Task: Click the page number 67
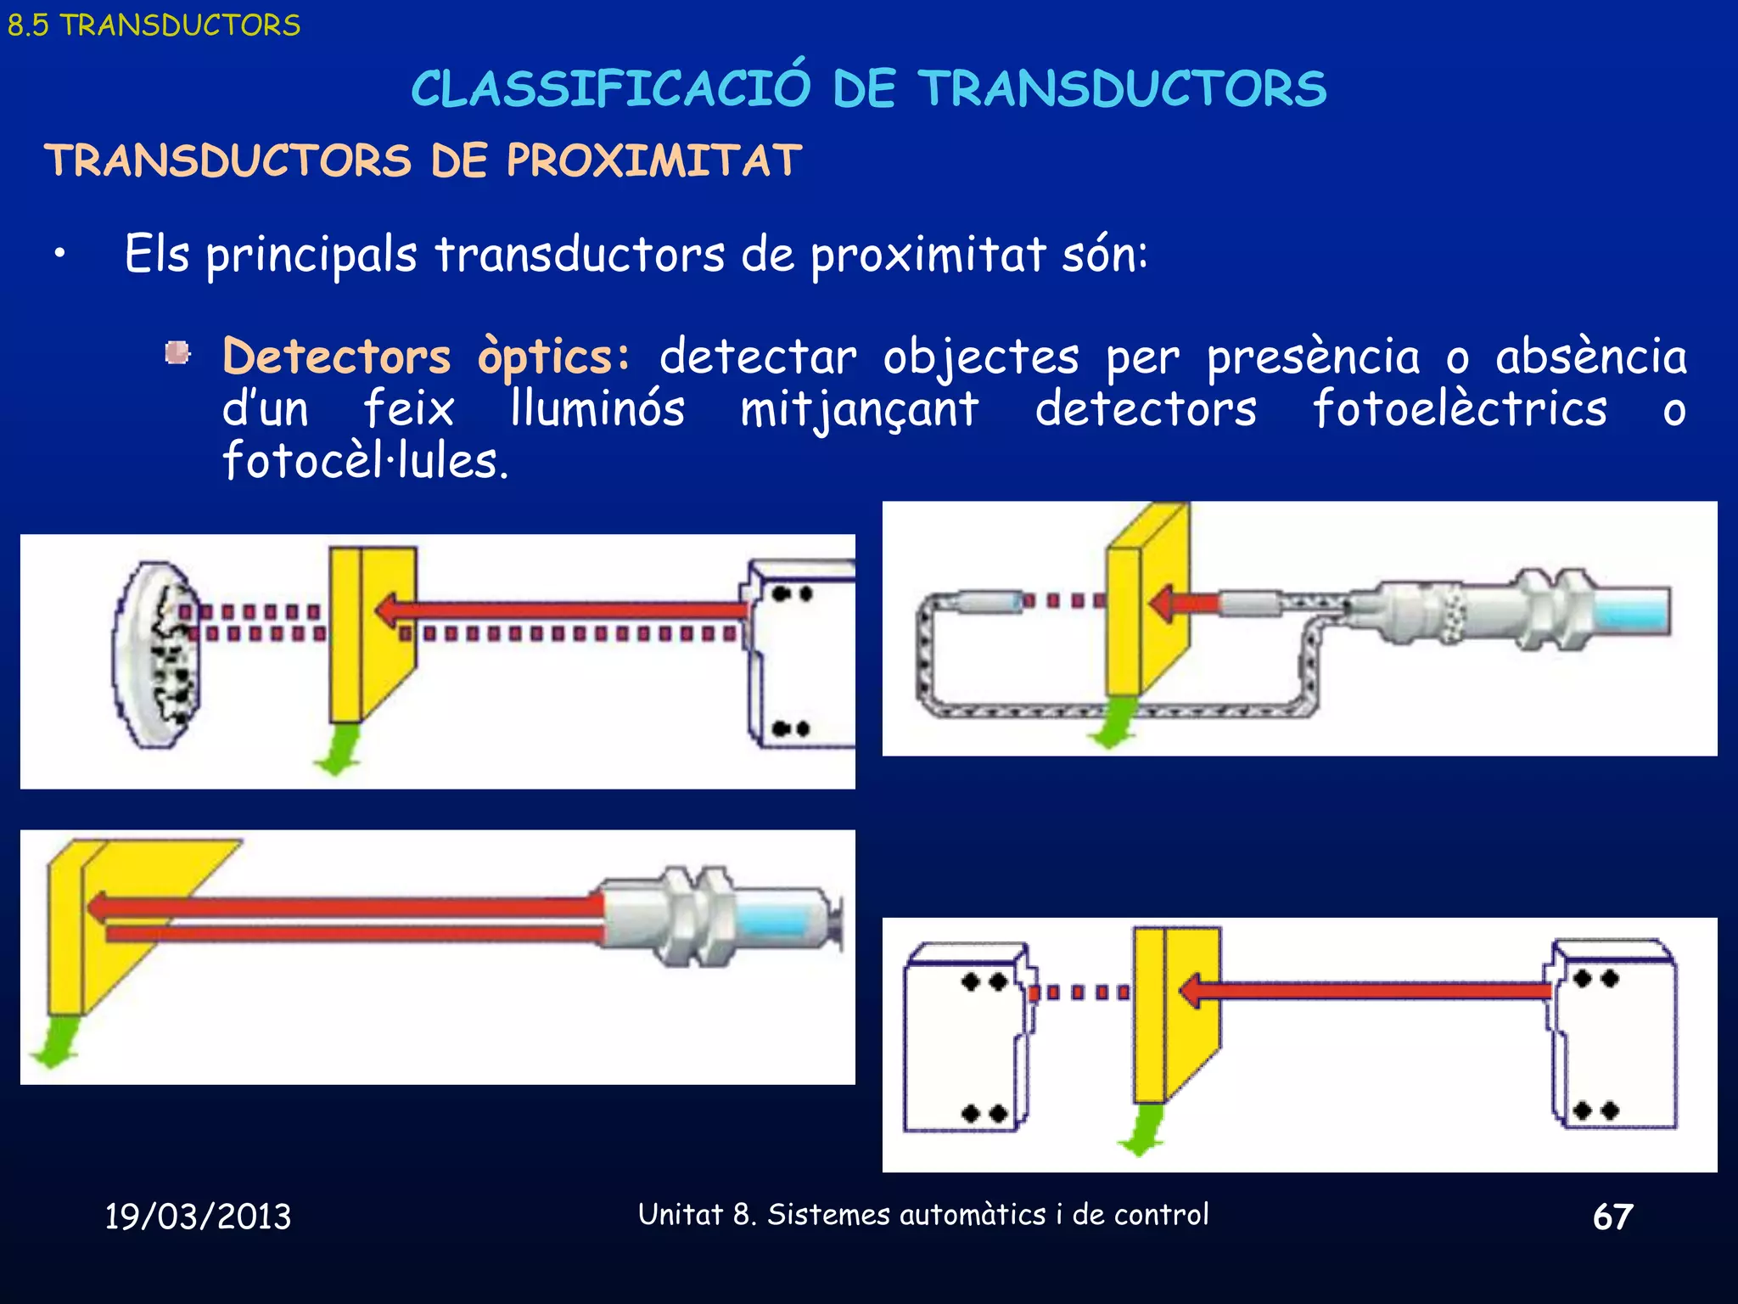point(1612,1217)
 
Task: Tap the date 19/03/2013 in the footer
point(198,1217)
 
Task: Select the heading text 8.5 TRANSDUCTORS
point(154,25)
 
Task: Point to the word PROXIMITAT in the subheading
point(653,160)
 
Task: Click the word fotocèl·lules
point(365,461)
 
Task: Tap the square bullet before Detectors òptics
point(177,353)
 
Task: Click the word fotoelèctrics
point(1460,408)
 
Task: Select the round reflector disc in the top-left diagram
point(157,655)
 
